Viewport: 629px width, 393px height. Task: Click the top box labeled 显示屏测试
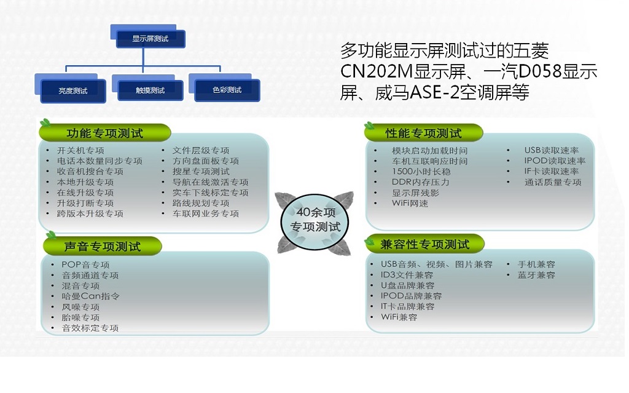(x=150, y=39)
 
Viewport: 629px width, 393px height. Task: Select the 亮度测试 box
(x=73, y=91)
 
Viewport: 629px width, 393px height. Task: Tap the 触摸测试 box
(x=150, y=90)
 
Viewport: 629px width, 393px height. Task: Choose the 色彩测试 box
(x=227, y=90)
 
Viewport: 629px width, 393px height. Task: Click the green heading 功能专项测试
(x=105, y=133)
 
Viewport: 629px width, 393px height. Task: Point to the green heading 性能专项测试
(x=424, y=133)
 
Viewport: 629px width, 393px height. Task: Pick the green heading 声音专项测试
(x=103, y=246)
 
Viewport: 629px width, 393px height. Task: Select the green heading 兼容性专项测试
(x=425, y=244)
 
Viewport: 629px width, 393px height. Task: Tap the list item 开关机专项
(x=80, y=150)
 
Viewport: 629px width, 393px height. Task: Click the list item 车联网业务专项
(x=206, y=213)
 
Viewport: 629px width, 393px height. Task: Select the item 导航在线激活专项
(x=211, y=182)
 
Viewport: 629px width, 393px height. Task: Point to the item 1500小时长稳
(x=421, y=172)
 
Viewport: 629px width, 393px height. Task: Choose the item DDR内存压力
(x=420, y=182)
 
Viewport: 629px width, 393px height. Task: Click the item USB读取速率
(x=552, y=150)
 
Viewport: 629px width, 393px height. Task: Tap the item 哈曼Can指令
(x=91, y=296)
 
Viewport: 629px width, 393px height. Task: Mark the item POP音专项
(x=85, y=264)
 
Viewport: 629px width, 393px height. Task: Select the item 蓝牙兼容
(x=536, y=275)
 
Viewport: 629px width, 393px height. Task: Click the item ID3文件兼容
(x=407, y=275)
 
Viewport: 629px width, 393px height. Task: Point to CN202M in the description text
(x=377, y=72)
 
